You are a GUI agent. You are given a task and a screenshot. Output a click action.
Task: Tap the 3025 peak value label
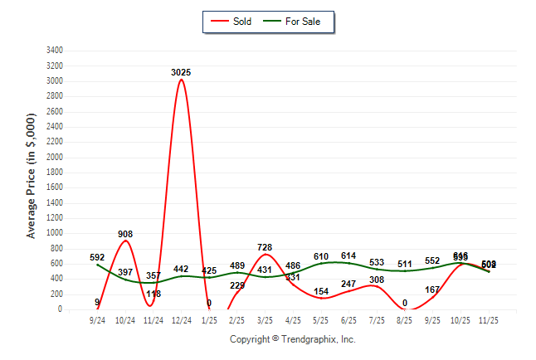click(x=181, y=72)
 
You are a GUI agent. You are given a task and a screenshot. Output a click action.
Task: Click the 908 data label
click(x=125, y=234)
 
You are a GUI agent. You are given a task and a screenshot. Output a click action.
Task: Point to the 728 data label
click(x=265, y=247)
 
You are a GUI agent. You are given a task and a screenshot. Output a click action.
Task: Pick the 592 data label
click(x=97, y=257)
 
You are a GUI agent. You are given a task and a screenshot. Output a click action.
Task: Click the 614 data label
click(x=348, y=255)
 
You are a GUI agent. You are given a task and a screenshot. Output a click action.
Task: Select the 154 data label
click(x=321, y=291)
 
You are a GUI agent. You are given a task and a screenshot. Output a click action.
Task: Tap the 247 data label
click(x=348, y=284)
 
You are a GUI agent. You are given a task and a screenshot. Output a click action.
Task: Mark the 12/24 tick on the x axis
click(x=181, y=319)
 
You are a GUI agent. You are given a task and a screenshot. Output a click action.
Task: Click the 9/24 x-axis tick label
click(x=97, y=319)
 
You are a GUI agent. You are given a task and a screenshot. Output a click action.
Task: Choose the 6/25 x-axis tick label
click(x=348, y=319)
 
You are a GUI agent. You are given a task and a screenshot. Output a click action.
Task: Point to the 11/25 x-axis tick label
click(x=489, y=319)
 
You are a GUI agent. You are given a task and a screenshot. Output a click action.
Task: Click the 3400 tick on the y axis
click(x=56, y=51)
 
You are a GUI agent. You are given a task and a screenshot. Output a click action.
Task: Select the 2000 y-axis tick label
click(x=56, y=157)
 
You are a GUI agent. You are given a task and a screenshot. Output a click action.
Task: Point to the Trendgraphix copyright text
click(x=292, y=339)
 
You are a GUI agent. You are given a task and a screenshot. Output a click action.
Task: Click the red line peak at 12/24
click(x=181, y=80)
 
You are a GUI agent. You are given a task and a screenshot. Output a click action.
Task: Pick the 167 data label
click(x=432, y=289)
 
